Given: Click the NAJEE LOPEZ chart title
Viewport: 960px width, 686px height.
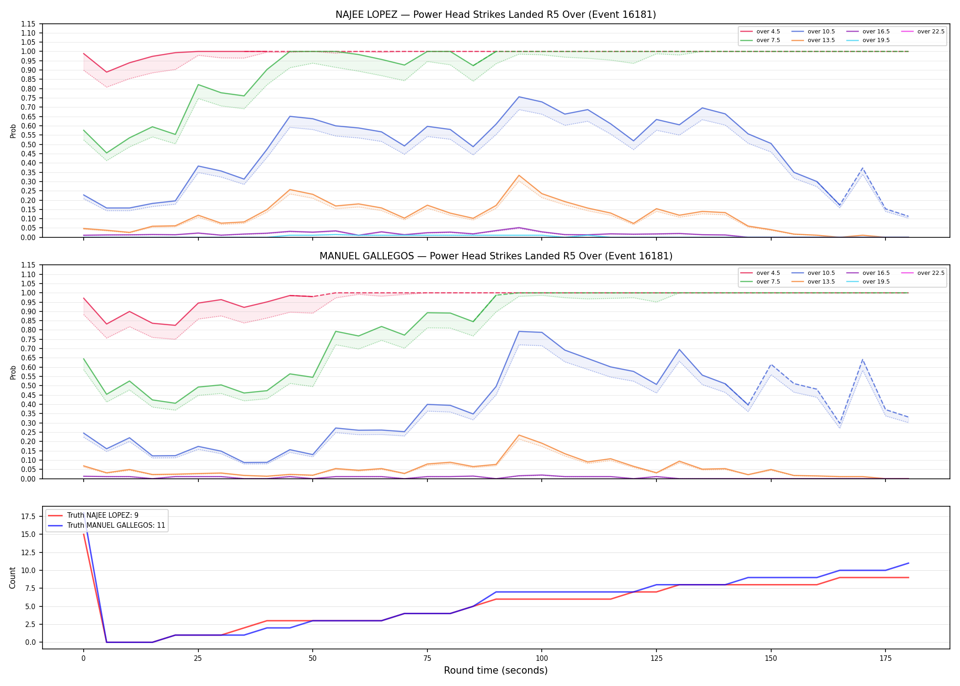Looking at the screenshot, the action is click(496, 15).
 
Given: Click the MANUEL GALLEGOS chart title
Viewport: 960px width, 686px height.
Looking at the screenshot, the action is click(496, 256).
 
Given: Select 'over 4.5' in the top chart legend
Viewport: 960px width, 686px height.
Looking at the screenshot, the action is click(768, 32).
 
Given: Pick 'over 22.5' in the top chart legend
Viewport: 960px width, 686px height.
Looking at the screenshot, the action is click(931, 32).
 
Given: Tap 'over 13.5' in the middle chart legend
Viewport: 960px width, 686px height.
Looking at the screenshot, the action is click(821, 282).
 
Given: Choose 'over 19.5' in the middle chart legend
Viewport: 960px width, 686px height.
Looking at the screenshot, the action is click(876, 282).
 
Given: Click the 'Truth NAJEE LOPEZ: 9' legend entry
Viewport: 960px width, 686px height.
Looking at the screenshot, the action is click(102, 515).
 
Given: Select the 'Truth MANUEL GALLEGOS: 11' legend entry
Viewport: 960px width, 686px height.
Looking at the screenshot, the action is click(116, 525).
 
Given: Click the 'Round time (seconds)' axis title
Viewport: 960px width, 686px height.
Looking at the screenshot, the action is click(496, 670).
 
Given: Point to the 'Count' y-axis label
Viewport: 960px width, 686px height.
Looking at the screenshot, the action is click(12, 578).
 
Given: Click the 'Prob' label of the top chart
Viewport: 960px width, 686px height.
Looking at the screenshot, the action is click(13, 131).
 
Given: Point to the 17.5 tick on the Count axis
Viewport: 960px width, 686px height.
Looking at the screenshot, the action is click(29, 517).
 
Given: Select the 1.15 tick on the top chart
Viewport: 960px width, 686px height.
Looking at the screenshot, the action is click(28, 24).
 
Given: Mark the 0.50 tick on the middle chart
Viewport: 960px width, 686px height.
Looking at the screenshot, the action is click(28, 386).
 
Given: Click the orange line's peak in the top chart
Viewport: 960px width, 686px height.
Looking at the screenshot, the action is click(519, 176).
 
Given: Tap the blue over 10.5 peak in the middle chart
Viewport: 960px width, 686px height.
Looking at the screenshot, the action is click(519, 331).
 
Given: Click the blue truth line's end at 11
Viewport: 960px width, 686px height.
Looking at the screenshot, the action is click(908, 563).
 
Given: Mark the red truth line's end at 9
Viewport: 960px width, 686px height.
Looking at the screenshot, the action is click(908, 578).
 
